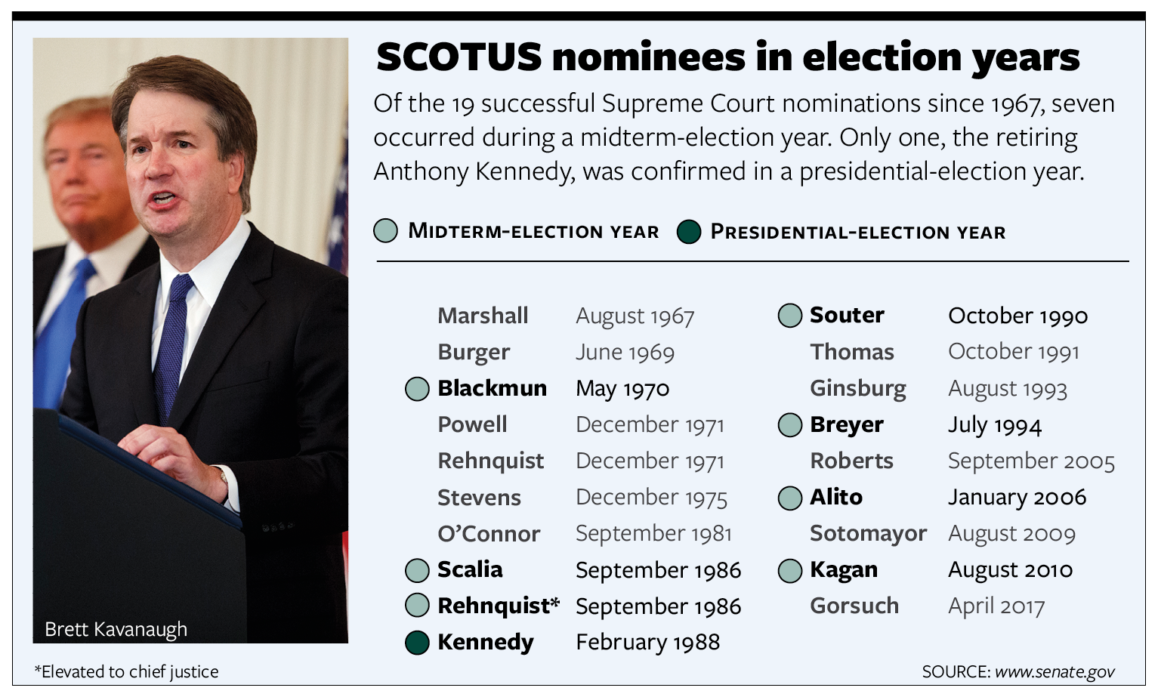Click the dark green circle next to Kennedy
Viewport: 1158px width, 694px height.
[417, 643]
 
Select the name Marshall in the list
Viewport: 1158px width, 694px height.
[483, 316]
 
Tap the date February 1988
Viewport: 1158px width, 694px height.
[648, 643]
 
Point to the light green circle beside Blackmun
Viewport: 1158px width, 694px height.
[417, 389]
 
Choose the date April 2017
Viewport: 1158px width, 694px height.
[996, 606]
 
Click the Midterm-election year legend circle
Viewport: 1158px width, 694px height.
[386, 230]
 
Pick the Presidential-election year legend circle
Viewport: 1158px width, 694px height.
[689, 232]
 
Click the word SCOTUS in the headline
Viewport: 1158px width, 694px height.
[459, 57]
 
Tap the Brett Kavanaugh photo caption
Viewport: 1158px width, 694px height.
[116, 630]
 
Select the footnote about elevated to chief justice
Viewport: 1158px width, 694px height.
[126, 672]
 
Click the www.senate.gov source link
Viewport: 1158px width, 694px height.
[1055, 672]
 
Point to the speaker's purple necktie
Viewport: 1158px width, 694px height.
[171, 346]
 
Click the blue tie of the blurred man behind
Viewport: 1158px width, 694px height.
[61, 331]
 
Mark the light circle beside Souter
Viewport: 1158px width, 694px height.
[790, 315]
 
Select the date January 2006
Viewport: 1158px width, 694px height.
[1017, 498]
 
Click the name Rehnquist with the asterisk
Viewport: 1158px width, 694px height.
[499, 606]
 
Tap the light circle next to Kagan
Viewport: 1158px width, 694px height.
[790, 570]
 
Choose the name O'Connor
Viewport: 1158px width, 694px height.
[489, 534]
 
